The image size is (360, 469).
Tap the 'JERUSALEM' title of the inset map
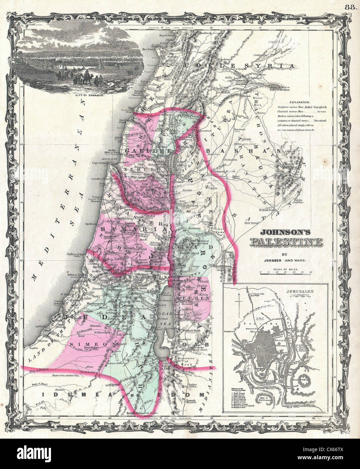tap(300, 291)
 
